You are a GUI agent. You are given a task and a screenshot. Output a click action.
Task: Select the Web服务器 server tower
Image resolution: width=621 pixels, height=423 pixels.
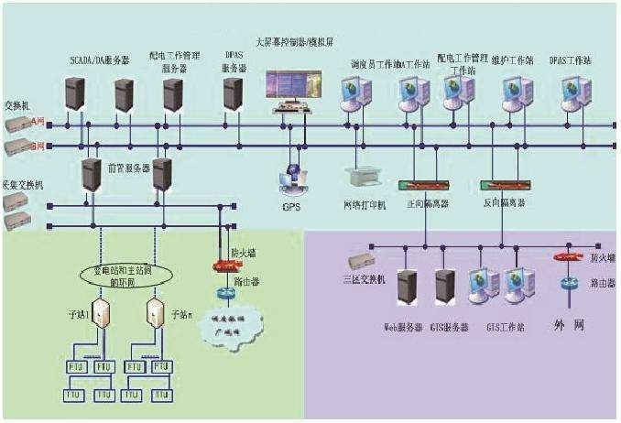click(x=408, y=287)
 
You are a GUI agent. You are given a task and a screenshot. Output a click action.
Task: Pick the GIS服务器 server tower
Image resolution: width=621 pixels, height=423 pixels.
click(x=446, y=287)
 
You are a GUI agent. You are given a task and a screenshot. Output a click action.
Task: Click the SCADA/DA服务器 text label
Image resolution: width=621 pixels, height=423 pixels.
click(x=99, y=60)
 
